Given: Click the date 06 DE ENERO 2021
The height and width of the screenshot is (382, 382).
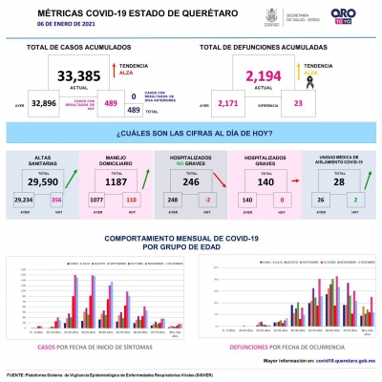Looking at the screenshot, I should [37, 22].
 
